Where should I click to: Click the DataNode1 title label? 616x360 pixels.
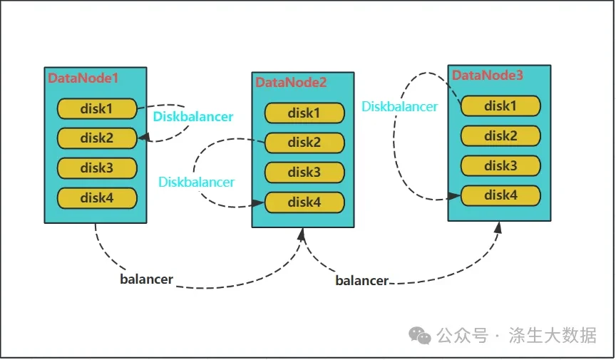click(83, 78)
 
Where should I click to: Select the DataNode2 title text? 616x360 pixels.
click(291, 82)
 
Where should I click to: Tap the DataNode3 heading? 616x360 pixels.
click(487, 75)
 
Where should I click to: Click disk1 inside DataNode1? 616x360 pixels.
click(97, 109)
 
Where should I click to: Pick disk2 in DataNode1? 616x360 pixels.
click(97, 138)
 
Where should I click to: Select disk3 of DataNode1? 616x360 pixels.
click(97, 168)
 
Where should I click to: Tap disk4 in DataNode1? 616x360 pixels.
click(97, 197)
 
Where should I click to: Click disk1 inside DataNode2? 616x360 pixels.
click(304, 113)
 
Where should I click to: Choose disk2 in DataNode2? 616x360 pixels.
click(304, 143)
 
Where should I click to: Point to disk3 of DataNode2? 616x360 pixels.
click(304, 172)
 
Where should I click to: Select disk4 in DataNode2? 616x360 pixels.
click(304, 202)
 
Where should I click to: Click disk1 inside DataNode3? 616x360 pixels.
click(500, 106)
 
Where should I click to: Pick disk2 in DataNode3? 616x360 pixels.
click(500, 135)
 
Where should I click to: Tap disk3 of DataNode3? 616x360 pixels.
click(500, 165)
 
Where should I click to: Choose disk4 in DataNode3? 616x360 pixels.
click(500, 195)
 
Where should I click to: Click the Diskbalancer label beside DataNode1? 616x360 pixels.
click(193, 116)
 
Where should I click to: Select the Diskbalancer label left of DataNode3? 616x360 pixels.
click(399, 106)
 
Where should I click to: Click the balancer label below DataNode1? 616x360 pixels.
click(147, 279)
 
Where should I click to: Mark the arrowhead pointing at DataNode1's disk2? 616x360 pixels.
click(144, 137)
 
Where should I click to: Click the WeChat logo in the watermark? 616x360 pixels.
click(419, 335)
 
